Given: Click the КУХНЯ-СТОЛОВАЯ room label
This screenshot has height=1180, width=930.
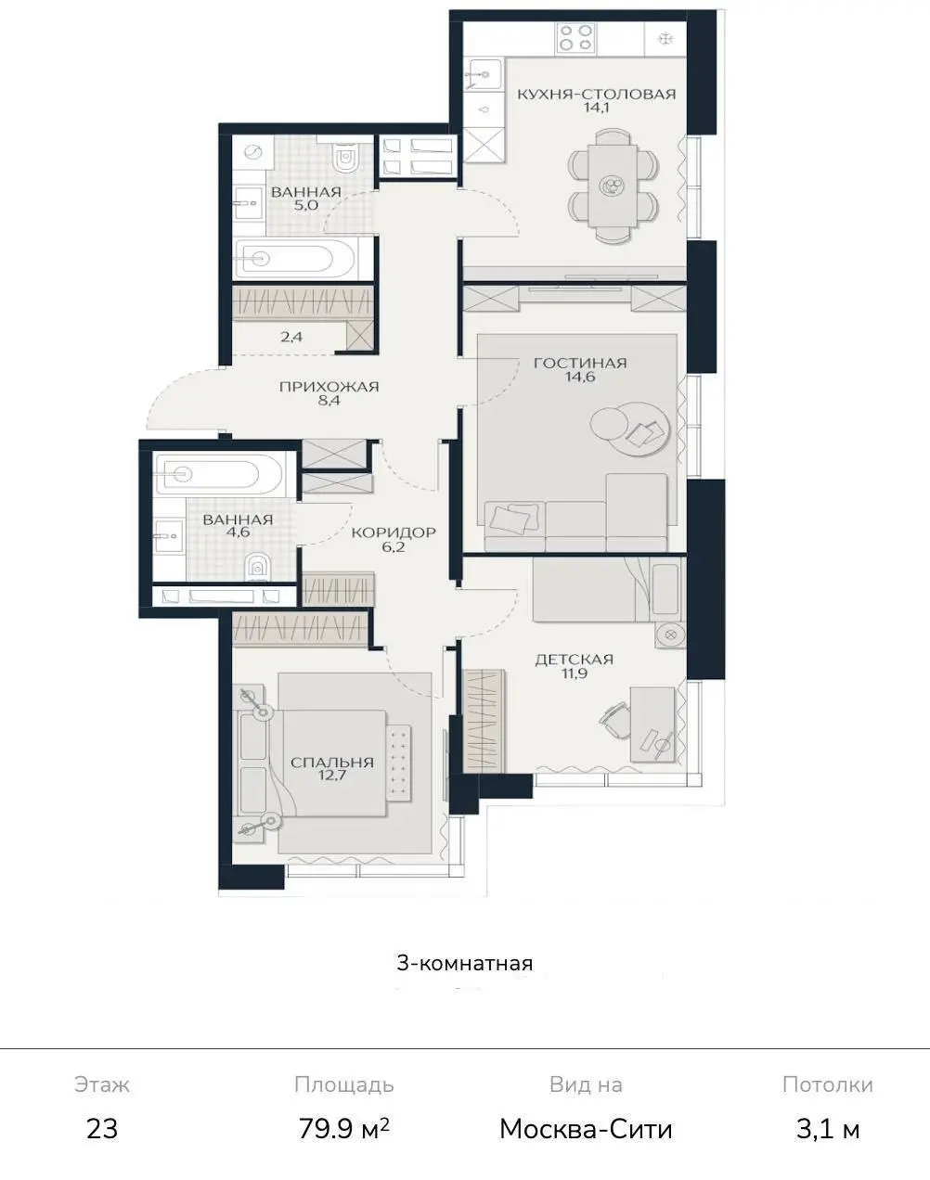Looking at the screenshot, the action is click(597, 94).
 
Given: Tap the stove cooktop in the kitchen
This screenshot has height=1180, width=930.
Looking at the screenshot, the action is click(575, 38).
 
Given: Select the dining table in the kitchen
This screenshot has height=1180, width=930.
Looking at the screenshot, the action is click(613, 186).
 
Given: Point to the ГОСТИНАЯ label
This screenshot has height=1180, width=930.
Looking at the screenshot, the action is click(580, 363).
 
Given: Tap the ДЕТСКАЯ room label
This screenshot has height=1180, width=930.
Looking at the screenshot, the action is click(574, 659).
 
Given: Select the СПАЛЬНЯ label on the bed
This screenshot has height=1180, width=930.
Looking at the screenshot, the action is click(332, 763).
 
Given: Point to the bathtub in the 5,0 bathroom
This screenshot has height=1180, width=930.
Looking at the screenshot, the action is click(296, 258).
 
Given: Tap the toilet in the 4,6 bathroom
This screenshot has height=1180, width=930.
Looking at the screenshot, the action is click(255, 566).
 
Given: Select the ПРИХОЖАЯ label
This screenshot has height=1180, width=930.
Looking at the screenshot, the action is click(329, 387).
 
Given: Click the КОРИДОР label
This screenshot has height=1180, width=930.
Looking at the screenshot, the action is click(394, 532).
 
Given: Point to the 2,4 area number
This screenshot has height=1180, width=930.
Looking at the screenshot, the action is click(291, 337).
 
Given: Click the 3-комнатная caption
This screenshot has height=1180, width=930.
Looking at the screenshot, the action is click(465, 964).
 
